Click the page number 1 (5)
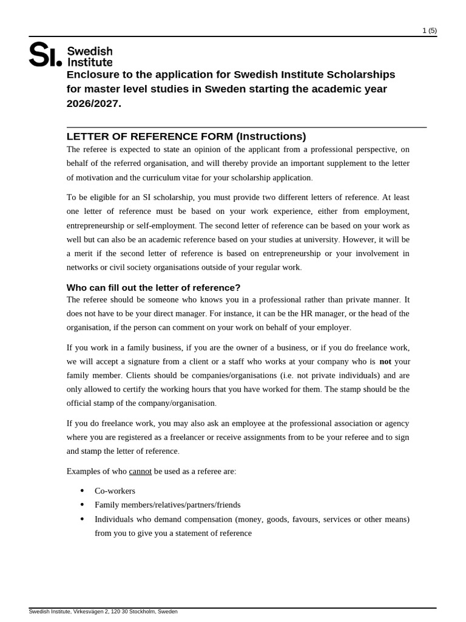[x=429, y=30]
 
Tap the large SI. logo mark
[x=46, y=55]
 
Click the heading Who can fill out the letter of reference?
[x=154, y=287]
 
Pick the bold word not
[x=385, y=361]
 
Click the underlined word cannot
[x=140, y=471]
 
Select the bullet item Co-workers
[x=115, y=490]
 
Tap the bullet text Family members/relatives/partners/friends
[x=167, y=504]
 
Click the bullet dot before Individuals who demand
[x=82, y=519]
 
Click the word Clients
[x=138, y=375]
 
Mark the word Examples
[x=83, y=471]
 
